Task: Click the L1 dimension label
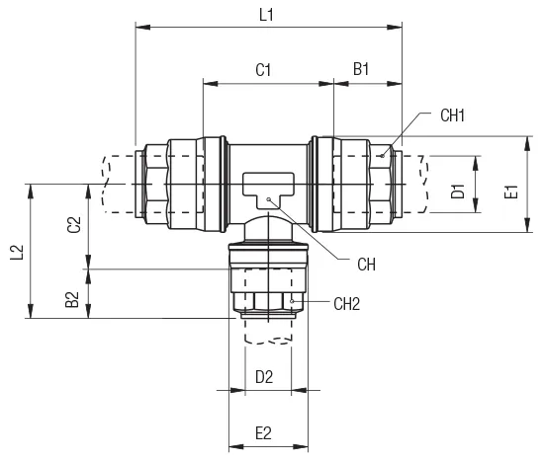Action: click(266, 15)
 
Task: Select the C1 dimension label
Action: click(264, 70)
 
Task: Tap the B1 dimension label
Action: click(362, 70)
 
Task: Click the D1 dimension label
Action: click(458, 191)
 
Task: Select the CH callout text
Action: click(366, 265)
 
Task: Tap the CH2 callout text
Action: click(347, 303)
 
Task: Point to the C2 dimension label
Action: click(73, 226)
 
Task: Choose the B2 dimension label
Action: click(73, 299)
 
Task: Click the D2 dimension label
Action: click(264, 376)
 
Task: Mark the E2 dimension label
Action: click(264, 432)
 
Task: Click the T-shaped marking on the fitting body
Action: click(268, 185)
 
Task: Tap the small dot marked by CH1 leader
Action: click(382, 155)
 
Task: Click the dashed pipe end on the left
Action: click(117, 185)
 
